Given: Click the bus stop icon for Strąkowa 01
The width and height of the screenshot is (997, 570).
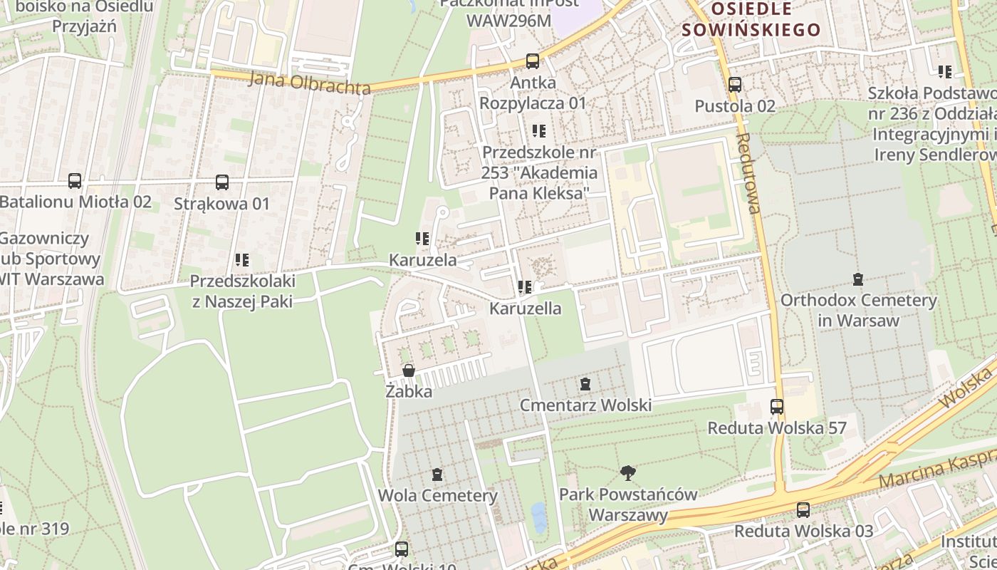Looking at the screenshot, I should [x=222, y=182].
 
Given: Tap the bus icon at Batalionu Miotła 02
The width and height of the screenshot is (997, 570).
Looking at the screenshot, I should [x=75, y=181].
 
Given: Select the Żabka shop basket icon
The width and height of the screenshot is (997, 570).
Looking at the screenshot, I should [x=409, y=370].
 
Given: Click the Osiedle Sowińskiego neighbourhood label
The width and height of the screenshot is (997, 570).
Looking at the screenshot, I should [x=751, y=19].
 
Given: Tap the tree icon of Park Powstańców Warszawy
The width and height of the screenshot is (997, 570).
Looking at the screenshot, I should [x=627, y=472].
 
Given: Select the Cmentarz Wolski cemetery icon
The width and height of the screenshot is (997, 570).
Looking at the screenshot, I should [x=585, y=384].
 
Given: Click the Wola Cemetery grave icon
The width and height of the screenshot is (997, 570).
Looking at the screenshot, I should [x=437, y=475].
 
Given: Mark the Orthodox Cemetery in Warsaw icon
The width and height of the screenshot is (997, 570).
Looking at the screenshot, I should [x=858, y=279].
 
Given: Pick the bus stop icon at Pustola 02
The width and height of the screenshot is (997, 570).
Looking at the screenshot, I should [x=735, y=85].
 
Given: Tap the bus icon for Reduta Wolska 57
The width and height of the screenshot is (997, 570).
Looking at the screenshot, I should [x=777, y=407].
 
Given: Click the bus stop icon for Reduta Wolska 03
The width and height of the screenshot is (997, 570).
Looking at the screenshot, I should [x=803, y=510].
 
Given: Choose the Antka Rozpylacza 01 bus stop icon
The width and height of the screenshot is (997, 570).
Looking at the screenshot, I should [x=533, y=61].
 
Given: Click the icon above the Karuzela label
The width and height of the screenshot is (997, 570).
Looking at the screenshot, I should [x=422, y=239].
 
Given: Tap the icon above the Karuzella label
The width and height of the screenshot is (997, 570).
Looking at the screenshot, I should [x=525, y=287].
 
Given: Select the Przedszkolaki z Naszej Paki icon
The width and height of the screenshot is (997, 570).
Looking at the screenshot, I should [x=242, y=260].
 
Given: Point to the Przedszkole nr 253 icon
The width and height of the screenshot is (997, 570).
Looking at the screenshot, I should [x=539, y=131].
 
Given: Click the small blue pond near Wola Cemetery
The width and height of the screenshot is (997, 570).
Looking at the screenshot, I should [x=538, y=517].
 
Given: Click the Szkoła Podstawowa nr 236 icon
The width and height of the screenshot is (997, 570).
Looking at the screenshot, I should [x=945, y=71].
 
